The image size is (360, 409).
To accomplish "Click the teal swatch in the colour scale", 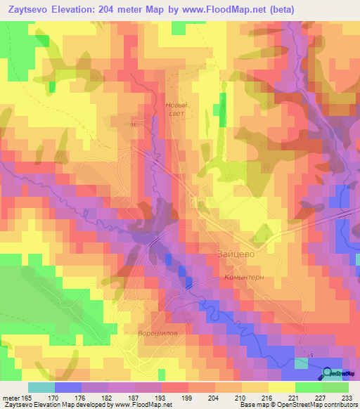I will coord(41,387).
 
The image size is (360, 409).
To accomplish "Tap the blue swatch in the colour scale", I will coord(68,387).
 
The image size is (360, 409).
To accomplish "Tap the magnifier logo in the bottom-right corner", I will coord(328,374).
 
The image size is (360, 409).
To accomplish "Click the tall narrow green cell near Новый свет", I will coord(224,110).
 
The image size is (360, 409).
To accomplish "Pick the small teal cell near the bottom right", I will coord(301,363).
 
